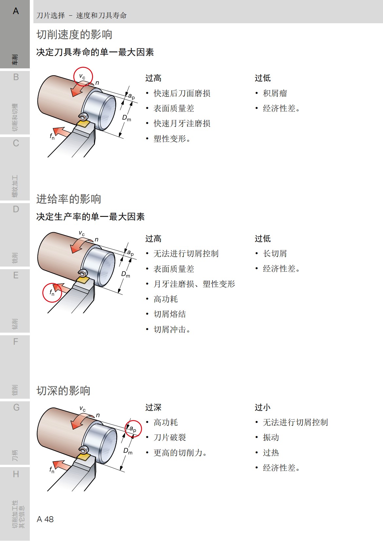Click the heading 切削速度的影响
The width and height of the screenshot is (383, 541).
(74, 35)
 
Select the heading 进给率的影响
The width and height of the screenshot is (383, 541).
(69, 199)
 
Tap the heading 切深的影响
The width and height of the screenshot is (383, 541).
(63, 391)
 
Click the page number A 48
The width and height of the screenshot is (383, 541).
(45, 519)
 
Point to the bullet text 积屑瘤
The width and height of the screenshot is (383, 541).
(275, 94)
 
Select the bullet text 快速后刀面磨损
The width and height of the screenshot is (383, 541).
(182, 94)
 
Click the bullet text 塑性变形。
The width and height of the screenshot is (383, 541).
(172, 139)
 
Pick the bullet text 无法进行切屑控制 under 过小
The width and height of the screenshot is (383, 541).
(295, 423)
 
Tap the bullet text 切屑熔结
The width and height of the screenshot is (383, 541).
(170, 314)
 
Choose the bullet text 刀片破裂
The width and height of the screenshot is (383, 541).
(170, 438)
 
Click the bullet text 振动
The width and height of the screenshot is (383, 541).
(271, 438)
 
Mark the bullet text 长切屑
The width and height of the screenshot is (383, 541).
(275, 254)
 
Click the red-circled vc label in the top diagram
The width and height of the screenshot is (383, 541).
(83, 77)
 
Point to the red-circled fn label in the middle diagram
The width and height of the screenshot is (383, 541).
(52, 292)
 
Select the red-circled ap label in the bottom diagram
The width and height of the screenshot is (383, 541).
(133, 428)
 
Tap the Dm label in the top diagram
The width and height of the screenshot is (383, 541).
(126, 118)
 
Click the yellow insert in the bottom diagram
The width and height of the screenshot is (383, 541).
(84, 457)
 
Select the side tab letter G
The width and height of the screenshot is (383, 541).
(16, 408)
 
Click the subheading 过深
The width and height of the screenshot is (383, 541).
(153, 408)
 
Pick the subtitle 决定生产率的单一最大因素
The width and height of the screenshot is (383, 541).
(90, 217)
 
